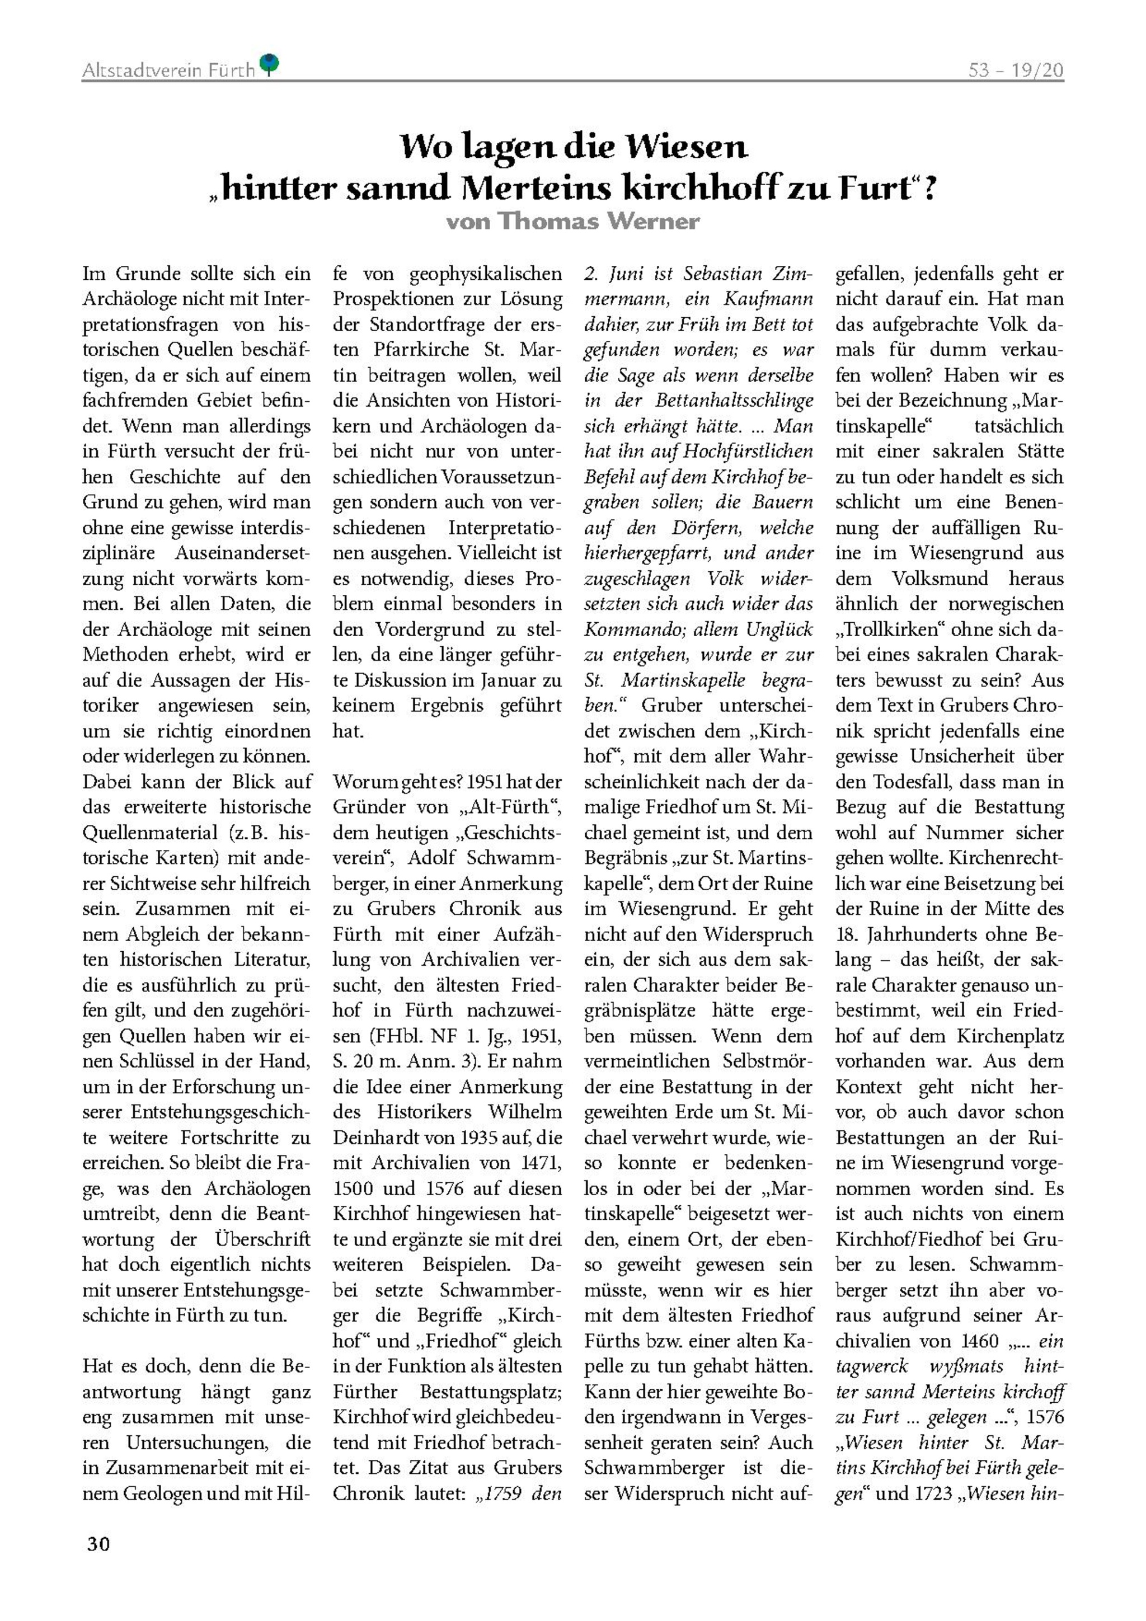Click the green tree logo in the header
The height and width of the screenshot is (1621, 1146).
tap(270, 64)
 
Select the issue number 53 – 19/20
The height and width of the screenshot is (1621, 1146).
tap(1016, 71)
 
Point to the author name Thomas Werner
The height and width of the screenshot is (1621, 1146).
tap(599, 222)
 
